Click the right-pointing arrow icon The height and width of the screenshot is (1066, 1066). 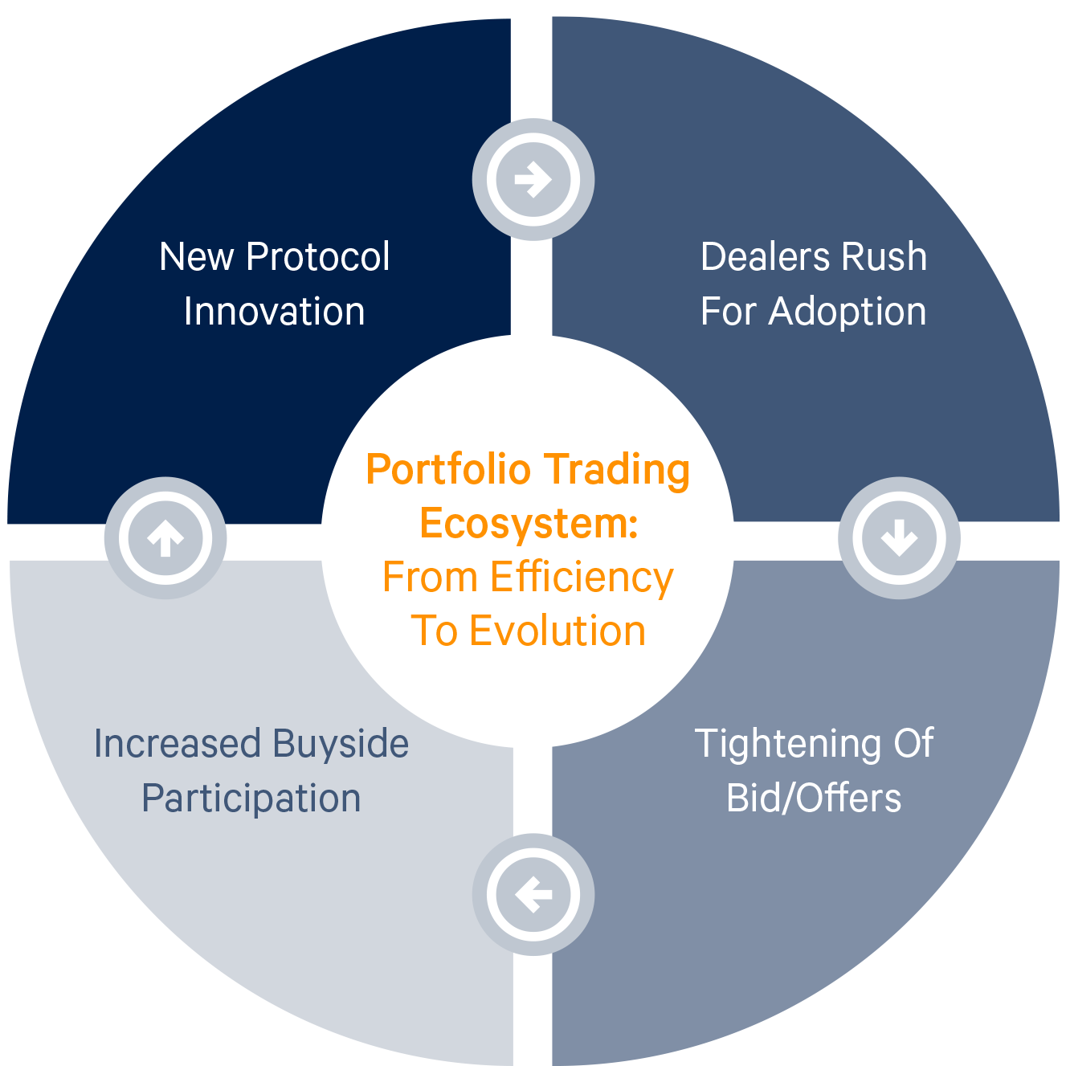point(533,179)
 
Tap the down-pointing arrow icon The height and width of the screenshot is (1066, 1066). point(899,537)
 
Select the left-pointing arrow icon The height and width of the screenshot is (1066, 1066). point(533,894)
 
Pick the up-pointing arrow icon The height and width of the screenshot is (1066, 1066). point(165,537)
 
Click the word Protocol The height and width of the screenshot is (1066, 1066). point(318,258)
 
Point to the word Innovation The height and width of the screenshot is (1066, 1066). point(274,312)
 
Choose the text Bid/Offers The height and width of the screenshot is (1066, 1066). point(814,798)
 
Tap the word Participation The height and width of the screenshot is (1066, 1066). point(251,799)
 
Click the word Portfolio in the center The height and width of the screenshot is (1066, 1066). point(448,470)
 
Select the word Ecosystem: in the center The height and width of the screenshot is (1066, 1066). point(529,524)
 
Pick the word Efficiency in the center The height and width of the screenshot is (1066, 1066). point(582,578)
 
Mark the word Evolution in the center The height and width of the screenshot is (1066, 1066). point(558,631)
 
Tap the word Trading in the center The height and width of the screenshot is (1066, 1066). point(616,471)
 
